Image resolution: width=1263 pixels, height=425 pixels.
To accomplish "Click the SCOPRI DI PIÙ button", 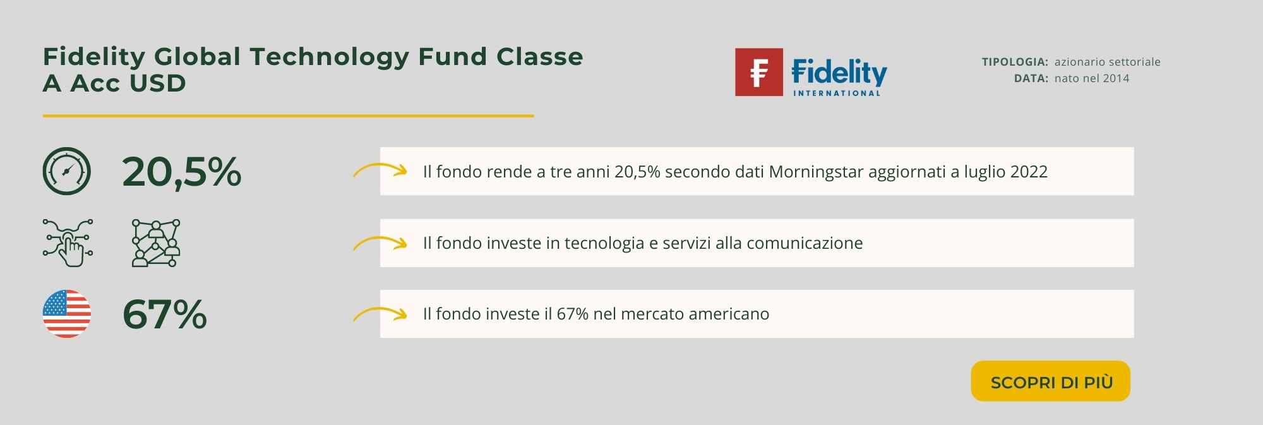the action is tap(1050, 381).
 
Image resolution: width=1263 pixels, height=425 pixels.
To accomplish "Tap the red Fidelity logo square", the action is tap(758, 72).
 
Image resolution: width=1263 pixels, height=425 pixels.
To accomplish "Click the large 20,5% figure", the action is tap(182, 172).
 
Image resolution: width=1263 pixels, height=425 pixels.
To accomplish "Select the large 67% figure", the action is tap(164, 314).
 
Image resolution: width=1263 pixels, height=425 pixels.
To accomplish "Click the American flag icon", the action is tap(67, 314).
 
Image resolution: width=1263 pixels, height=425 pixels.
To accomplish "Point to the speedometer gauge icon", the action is tap(67, 171).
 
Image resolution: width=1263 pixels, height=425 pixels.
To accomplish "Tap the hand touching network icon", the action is tap(68, 242).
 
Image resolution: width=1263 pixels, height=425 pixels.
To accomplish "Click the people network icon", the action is tap(156, 242).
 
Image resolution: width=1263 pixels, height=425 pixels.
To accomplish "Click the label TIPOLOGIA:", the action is tap(1015, 62).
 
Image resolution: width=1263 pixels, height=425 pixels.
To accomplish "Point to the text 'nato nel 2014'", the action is tap(1092, 78).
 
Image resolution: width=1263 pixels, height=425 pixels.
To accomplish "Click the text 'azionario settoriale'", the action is tap(1108, 62).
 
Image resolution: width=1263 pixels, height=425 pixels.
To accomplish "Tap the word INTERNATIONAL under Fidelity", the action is tap(837, 93).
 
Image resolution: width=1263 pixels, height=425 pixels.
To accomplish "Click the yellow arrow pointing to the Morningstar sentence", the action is tap(380, 170).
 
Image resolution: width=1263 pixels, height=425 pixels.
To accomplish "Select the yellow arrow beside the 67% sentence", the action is tap(380, 313).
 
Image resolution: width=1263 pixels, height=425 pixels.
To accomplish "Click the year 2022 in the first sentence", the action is tap(1029, 172).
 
